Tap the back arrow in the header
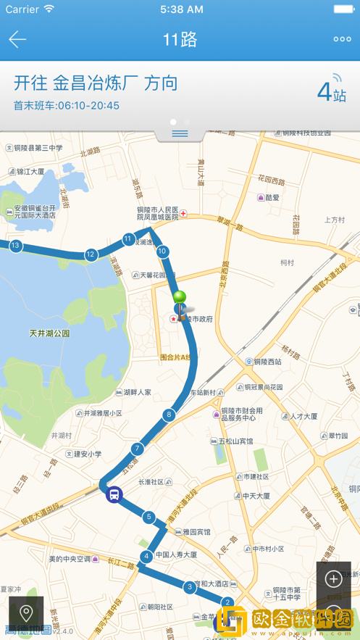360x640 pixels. point(17,39)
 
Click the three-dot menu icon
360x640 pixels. point(342,39)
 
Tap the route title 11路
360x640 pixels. point(180,39)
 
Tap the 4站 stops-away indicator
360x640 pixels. point(332,92)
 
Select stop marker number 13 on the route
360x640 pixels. point(15,246)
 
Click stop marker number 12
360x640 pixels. point(91,254)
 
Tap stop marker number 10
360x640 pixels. point(162,252)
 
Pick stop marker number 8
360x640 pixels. point(169,415)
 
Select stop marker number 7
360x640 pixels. point(137,449)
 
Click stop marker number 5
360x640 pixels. point(148,517)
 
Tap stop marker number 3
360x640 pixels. point(190,586)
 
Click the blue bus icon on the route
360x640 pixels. point(114,495)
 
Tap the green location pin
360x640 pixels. point(179,298)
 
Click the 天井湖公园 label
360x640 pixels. point(49,333)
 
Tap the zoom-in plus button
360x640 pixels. point(333,578)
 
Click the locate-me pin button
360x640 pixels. point(26,613)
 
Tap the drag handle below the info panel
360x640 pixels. point(180,133)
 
